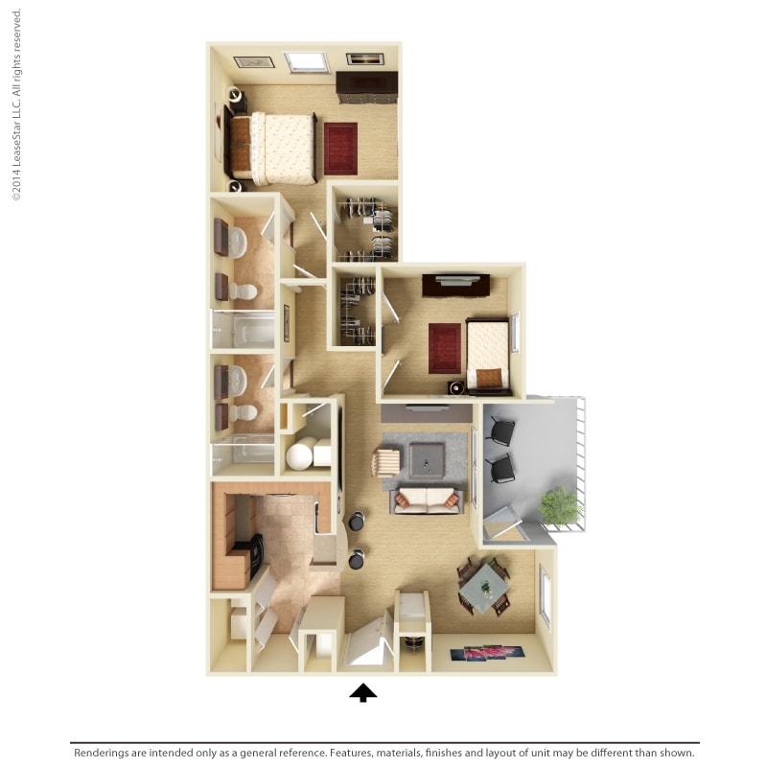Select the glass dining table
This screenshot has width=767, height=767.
click(485, 584)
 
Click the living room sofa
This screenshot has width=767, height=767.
click(427, 500)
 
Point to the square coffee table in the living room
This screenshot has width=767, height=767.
click(427, 460)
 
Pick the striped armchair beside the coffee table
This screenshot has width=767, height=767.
click(385, 462)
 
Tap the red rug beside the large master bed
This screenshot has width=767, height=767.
click(340, 149)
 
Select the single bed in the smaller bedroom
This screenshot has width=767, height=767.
click(488, 354)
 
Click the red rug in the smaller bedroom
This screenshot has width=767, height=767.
click(445, 347)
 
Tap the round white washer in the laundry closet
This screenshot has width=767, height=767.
click(299, 455)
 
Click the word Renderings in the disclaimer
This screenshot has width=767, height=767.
click(108, 754)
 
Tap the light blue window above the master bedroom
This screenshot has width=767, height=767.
click(307, 61)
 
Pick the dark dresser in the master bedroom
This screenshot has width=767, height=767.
click(366, 86)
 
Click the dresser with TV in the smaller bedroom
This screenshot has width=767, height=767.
click(456, 285)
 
